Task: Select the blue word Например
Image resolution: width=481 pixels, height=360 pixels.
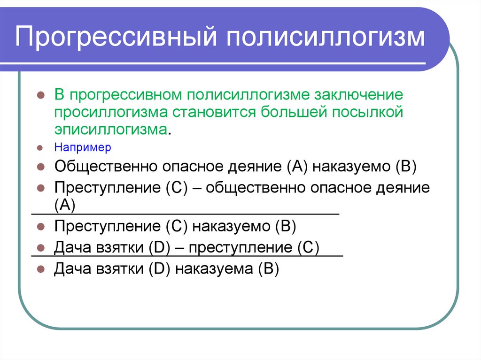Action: pyautogui.click(x=82, y=147)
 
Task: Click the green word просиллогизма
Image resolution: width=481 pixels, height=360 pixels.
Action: pyautogui.click(x=112, y=113)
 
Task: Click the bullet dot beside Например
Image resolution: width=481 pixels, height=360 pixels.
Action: pyautogui.click(x=41, y=148)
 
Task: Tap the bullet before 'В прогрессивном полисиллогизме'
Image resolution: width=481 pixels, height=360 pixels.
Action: pyautogui.click(x=41, y=95)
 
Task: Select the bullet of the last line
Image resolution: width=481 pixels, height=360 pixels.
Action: pyautogui.click(x=41, y=270)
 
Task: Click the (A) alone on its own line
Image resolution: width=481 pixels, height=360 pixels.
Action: pyautogui.click(x=65, y=205)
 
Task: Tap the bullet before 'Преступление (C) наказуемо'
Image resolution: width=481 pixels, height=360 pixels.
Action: pyautogui.click(x=41, y=226)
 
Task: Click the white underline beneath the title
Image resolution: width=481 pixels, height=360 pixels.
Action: pyautogui.click(x=221, y=63)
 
